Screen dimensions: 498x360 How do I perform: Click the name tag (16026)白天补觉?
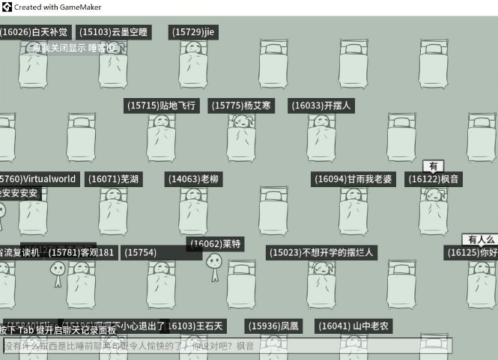pyautogui.click(x=34, y=32)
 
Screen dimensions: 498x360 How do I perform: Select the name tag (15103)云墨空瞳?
pyautogui.click(x=114, y=32)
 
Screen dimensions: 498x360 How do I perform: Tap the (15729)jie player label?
pyautogui.click(x=193, y=32)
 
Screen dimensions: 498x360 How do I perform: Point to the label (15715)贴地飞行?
pyautogui.click(x=162, y=106)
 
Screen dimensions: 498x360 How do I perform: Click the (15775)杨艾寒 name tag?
pyautogui.click(x=242, y=106)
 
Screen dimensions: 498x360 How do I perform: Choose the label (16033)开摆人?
pyautogui.click(x=321, y=106)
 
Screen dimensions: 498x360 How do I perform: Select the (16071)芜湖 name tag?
pyautogui.click(x=113, y=179)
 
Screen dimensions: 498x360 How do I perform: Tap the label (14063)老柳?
pyautogui.click(x=193, y=179)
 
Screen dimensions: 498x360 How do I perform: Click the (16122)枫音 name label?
pyautogui.click(x=434, y=179)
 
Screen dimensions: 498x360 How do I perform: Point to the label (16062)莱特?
pyautogui.click(x=216, y=244)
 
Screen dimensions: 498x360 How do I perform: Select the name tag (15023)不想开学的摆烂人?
pyautogui.click(x=321, y=252)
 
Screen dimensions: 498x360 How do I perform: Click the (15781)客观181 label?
pyautogui.click(x=82, y=252)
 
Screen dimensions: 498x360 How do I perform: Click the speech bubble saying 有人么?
pyautogui.click(x=480, y=240)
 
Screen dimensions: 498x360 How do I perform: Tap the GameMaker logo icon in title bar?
pyautogui.click(x=7, y=7)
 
